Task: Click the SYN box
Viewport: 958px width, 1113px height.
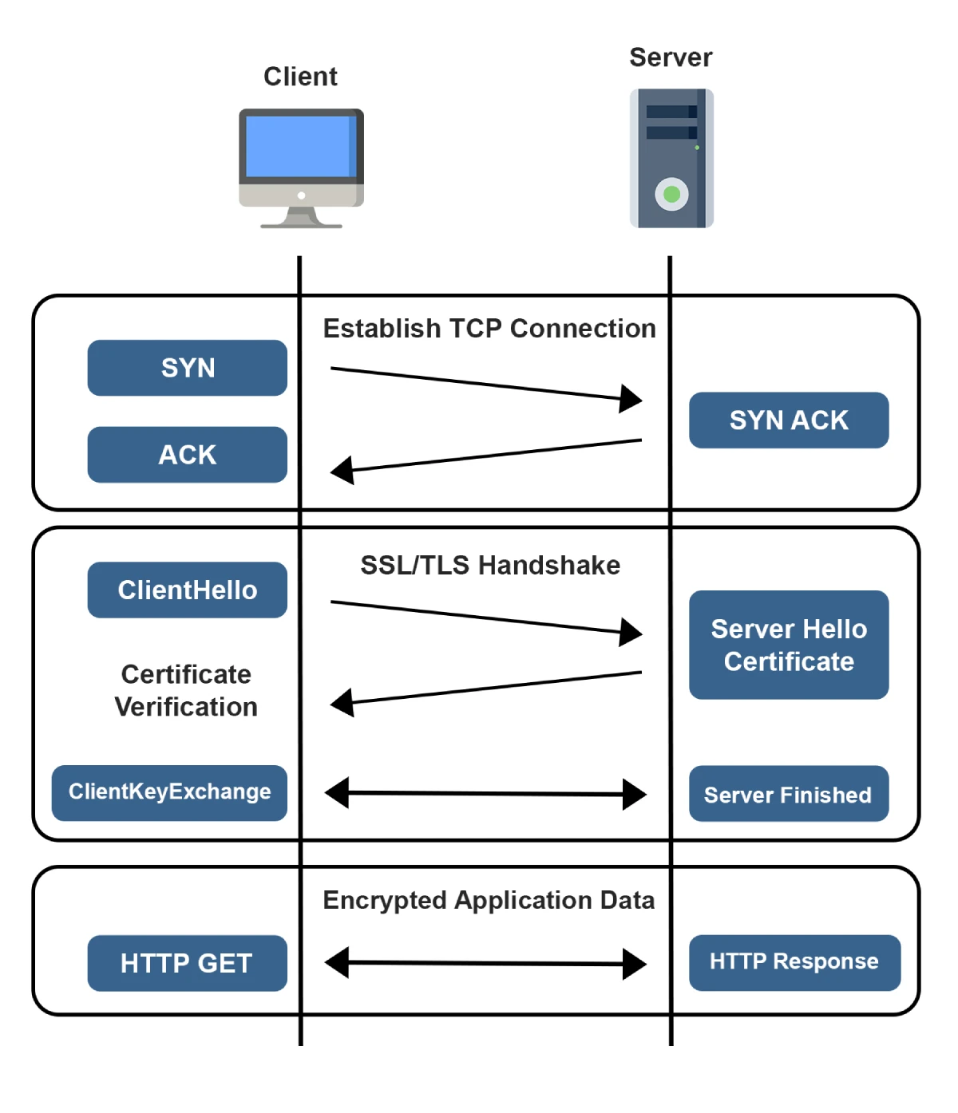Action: point(187,368)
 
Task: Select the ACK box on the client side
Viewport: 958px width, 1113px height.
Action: point(187,455)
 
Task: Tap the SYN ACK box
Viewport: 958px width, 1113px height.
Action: point(789,420)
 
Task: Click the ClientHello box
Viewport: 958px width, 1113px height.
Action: point(187,590)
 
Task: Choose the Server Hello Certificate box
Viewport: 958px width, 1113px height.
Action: point(789,645)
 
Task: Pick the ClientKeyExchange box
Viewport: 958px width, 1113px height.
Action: point(169,792)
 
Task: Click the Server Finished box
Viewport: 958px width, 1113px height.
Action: point(789,794)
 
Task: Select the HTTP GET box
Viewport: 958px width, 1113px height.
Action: point(187,963)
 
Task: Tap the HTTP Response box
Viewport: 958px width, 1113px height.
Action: point(794,962)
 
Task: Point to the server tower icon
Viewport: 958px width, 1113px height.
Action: point(671,158)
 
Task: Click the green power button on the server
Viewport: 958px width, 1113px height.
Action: point(672,194)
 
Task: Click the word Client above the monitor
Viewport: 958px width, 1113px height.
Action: point(300,77)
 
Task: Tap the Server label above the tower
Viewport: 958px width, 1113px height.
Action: point(671,57)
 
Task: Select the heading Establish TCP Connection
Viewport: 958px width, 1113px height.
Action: point(489,329)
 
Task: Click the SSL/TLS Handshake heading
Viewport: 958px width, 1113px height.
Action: point(490,565)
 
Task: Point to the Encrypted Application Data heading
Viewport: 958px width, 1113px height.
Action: point(489,900)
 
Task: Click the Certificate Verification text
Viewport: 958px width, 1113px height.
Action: point(186,691)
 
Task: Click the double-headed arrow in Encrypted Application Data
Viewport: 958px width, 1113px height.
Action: point(485,963)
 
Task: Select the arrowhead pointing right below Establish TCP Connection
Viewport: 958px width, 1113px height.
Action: point(631,398)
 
